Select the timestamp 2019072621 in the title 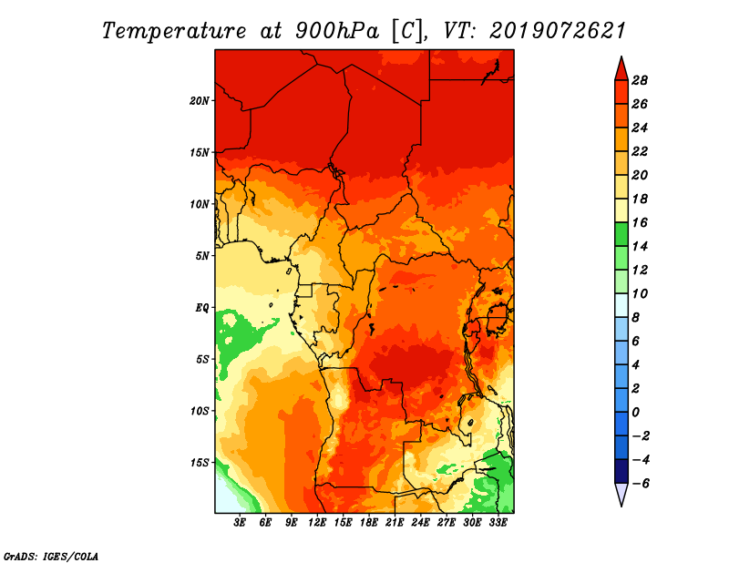[x=557, y=30]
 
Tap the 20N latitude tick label [x=200, y=100]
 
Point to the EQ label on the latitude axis [x=202, y=307]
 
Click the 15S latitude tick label [x=200, y=462]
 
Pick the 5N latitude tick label [x=202, y=255]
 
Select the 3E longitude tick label [x=241, y=523]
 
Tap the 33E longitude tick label [x=498, y=523]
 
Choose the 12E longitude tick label [x=318, y=523]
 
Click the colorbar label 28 [x=639, y=80]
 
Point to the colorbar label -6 [x=639, y=484]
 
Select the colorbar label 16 [x=639, y=222]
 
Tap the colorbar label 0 [x=636, y=412]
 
